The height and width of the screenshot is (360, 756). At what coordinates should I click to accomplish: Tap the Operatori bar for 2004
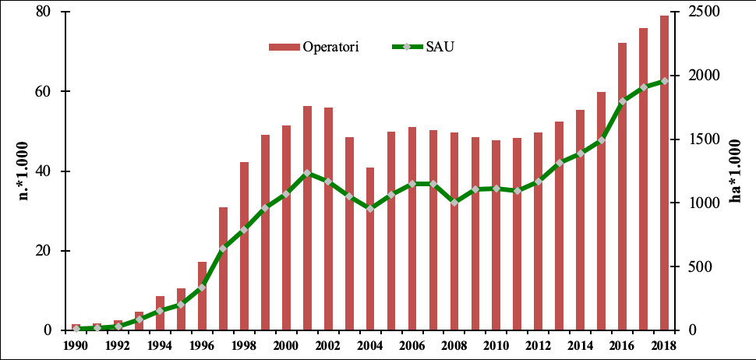[370, 249]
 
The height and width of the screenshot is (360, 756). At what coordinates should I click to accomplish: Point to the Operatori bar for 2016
[622, 186]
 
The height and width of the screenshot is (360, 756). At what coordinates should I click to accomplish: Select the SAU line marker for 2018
[664, 81]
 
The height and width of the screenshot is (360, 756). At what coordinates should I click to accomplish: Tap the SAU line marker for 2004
[370, 209]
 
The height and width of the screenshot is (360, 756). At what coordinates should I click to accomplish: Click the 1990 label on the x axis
[76, 345]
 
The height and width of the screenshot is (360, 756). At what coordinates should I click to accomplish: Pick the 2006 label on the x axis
[412, 345]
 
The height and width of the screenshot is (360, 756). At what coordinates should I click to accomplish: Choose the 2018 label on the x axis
[664, 345]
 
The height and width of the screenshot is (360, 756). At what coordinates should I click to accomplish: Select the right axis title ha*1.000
[737, 171]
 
